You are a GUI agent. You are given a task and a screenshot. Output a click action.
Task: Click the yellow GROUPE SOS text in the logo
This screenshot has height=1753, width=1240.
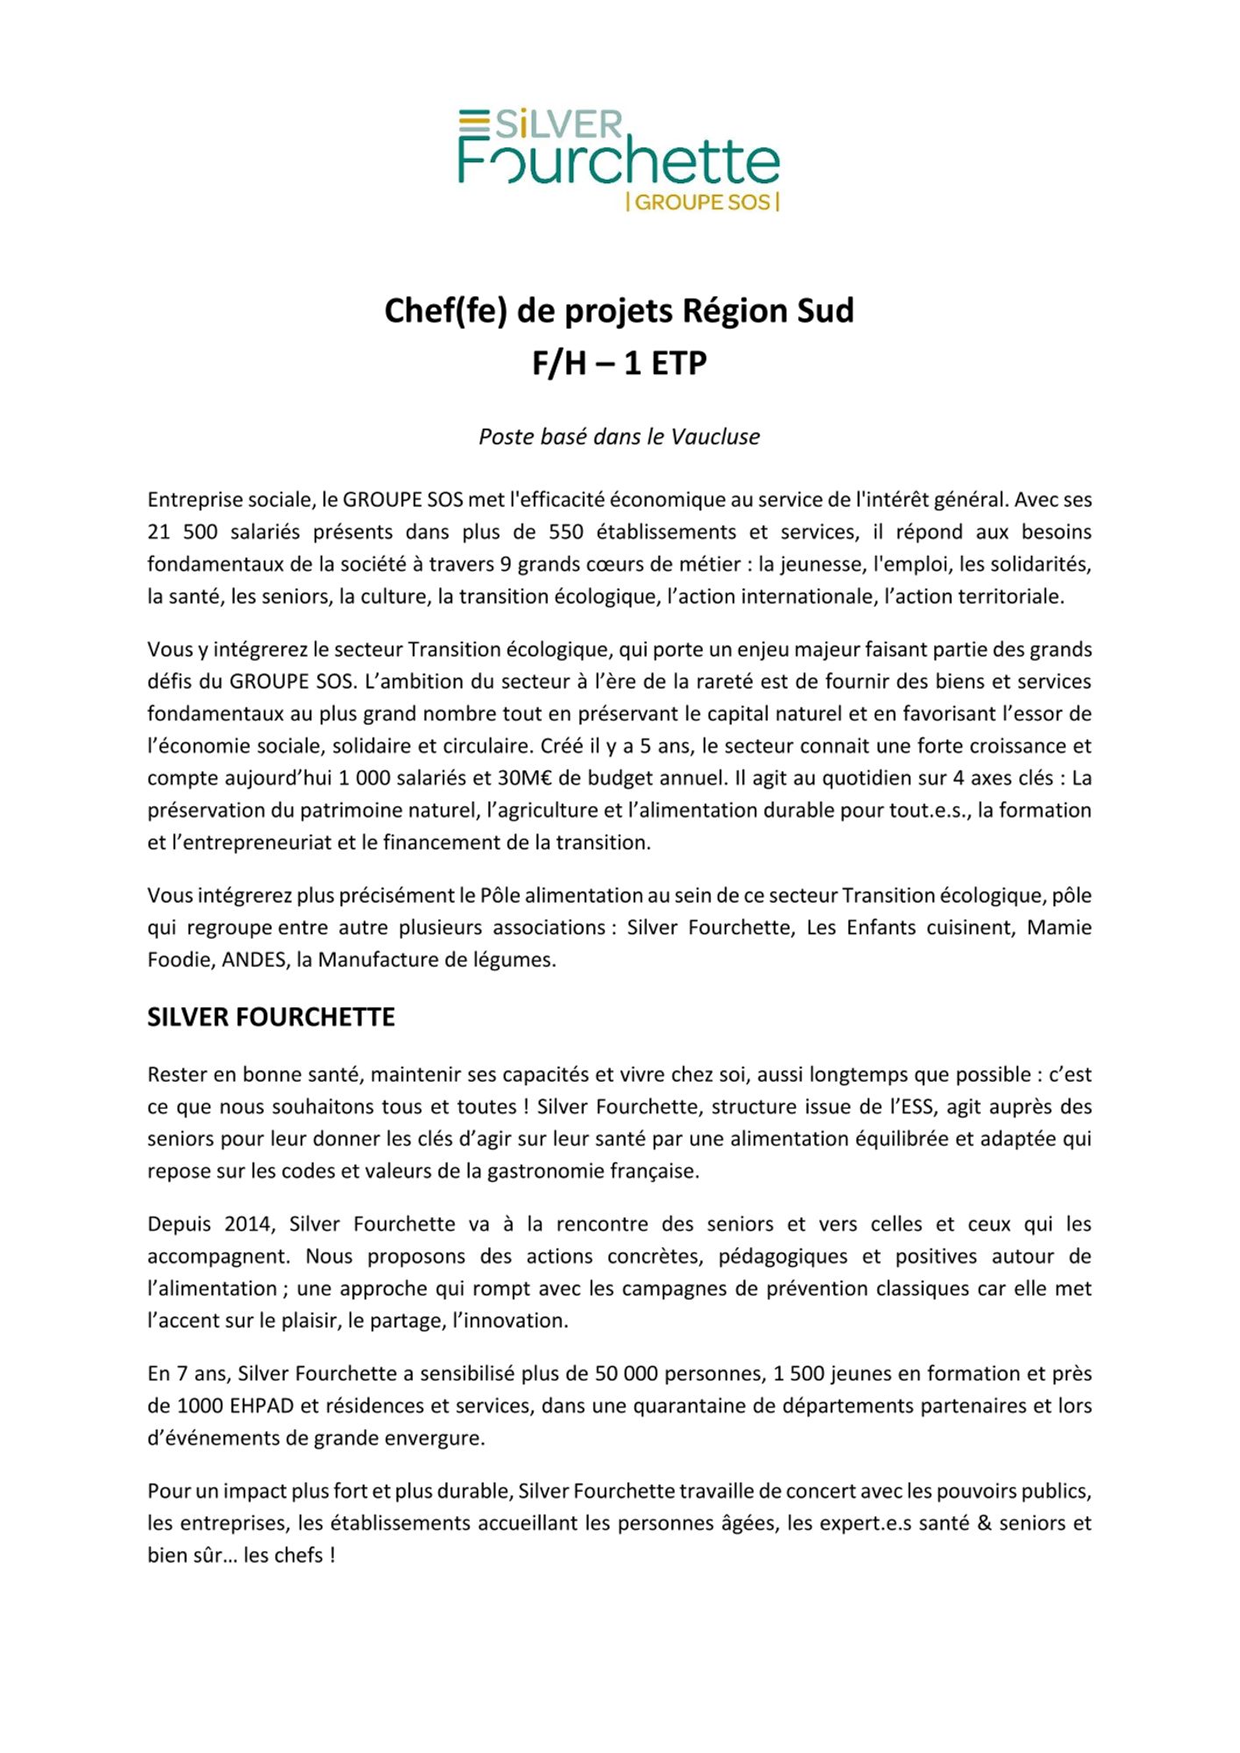[703, 202]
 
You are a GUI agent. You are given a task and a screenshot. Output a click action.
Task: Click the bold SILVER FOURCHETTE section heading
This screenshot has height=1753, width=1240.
[271, 1017]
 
